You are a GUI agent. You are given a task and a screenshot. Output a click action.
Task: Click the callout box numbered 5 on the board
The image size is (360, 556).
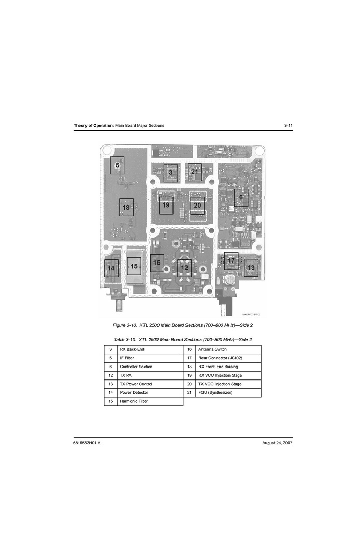pos(117,165)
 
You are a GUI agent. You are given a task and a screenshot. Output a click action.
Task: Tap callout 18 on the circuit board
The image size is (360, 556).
pos(126,208)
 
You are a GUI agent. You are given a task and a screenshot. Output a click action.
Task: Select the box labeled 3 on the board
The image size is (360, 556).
pos(170,173)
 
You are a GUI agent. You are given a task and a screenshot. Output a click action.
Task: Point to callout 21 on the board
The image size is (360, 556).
pos(194,172)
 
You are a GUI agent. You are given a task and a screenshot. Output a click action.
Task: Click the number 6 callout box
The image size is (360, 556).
pos(241,198)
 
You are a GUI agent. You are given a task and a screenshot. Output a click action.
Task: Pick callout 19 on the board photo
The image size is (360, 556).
pos(166,206)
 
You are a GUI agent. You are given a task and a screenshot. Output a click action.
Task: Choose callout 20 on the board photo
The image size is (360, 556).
pos(197,206)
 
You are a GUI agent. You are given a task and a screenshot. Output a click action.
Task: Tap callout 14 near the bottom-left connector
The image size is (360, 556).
pos(111,269)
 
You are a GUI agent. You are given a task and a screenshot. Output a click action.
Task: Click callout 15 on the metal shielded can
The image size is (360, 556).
pos(134,266)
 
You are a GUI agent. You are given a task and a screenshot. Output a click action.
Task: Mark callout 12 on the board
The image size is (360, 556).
pos(184,268)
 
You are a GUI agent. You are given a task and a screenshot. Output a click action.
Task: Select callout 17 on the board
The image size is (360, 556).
pos(231,261)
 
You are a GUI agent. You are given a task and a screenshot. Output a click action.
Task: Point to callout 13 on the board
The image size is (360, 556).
pos(251,268)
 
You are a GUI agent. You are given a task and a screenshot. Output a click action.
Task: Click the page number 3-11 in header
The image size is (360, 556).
pos(289,125)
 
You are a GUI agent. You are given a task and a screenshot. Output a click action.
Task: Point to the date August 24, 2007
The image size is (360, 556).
pos(277,443)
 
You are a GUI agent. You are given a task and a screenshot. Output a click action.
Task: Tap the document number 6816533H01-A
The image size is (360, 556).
pos(87,443)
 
